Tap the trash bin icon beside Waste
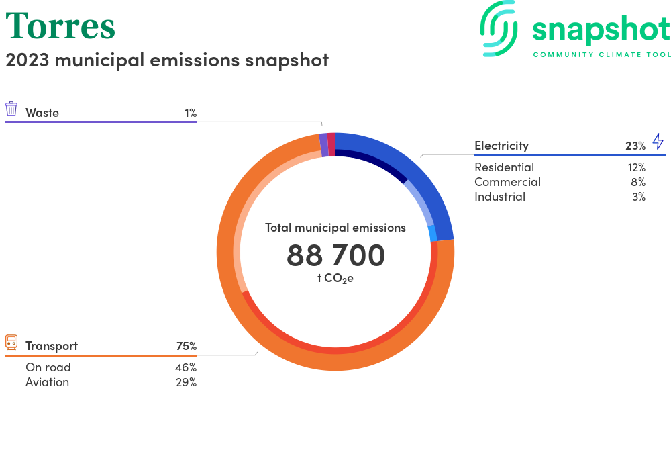11,109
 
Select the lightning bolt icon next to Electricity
658,141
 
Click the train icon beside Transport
11,343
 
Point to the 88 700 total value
335,255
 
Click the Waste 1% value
190,113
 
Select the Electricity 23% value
635,146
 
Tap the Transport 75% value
186,346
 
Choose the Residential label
504,167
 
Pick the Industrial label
500,197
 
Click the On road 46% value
186,367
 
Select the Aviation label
47,382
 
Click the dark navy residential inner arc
376,162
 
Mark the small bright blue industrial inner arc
433,233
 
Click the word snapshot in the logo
601,30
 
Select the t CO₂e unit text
335,278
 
